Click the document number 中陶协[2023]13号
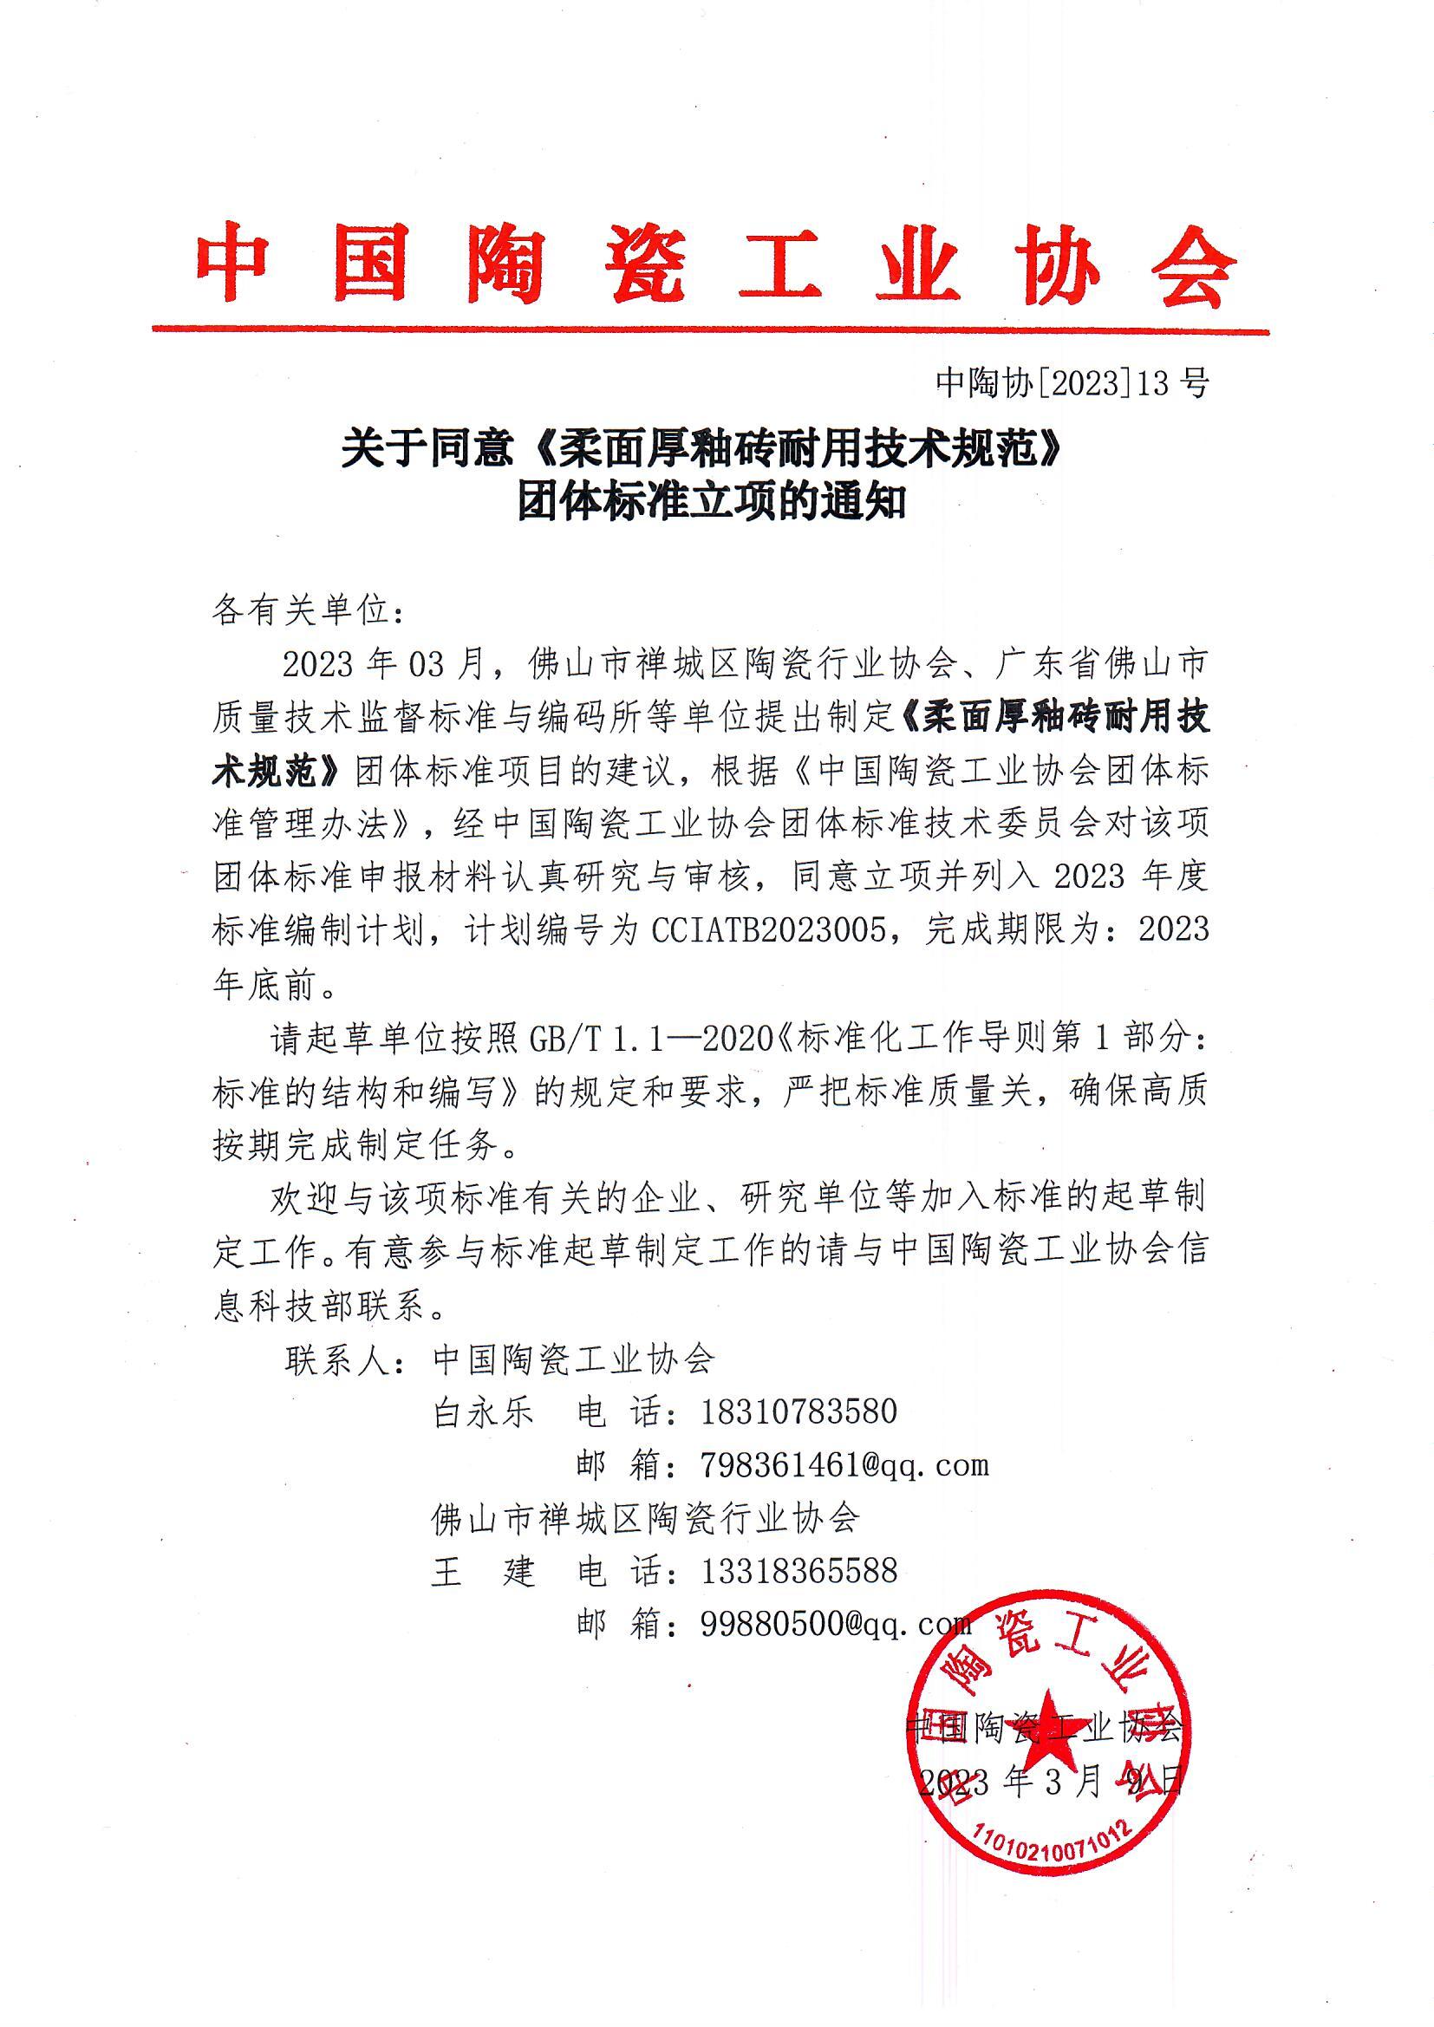coord(1071,382)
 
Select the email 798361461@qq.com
coord(844,1465)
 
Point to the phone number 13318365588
coord(798,1572)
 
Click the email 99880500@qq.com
coord(835,1625)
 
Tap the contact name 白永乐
coord(483,1412)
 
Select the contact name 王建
coord(483,1572)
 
